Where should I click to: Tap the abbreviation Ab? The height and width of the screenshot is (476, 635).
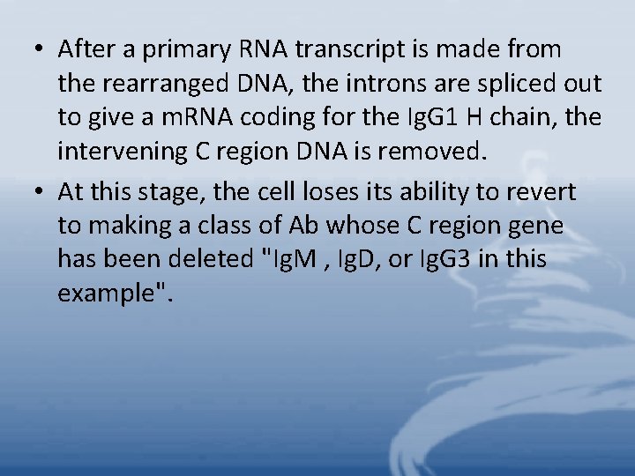coord(300,227)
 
